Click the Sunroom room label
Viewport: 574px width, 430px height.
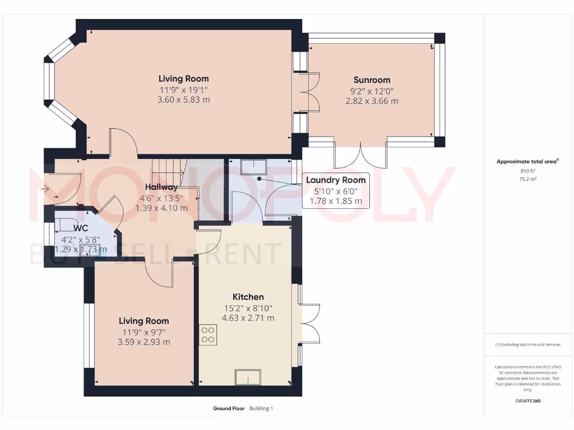pos(372,80)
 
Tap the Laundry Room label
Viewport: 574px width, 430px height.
pos(336,180)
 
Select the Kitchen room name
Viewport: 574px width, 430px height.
pos(248,297)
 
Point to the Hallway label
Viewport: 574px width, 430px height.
pos(161,187)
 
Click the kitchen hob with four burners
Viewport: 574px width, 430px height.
pos(208,334)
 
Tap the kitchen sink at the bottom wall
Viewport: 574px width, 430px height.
pos(247,377)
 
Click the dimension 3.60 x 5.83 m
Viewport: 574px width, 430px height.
pos(184,100)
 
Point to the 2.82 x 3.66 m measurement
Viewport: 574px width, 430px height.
pos(372,101)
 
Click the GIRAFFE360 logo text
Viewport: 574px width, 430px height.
pos(527,401)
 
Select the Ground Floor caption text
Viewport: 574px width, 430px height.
pos(229,409)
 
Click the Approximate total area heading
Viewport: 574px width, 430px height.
pos(527,162)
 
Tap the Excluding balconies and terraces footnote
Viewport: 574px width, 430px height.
pos(527,344)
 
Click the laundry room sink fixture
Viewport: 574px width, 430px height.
pos(254,167)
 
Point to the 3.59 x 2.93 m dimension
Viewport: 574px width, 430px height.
pos(144,342)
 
